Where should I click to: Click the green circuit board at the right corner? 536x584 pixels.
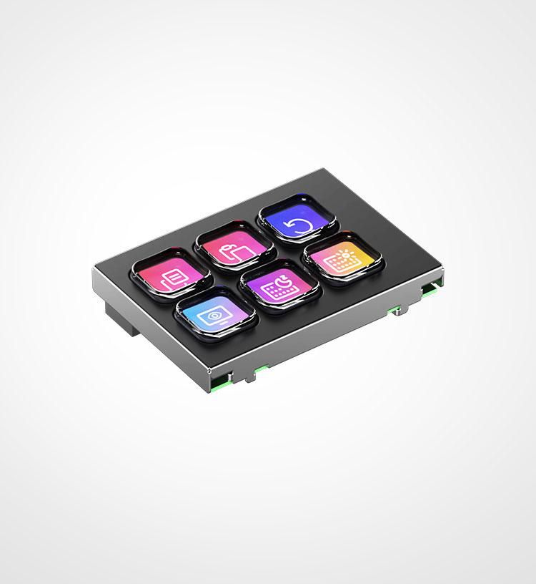tap(430, 289)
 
